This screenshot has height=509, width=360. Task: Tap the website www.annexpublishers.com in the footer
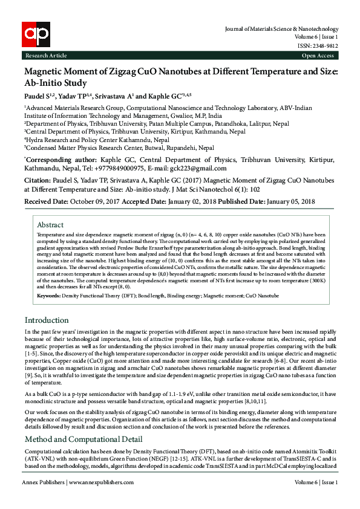pos(102,499)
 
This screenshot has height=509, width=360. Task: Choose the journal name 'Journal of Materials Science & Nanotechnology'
pos(281,28)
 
